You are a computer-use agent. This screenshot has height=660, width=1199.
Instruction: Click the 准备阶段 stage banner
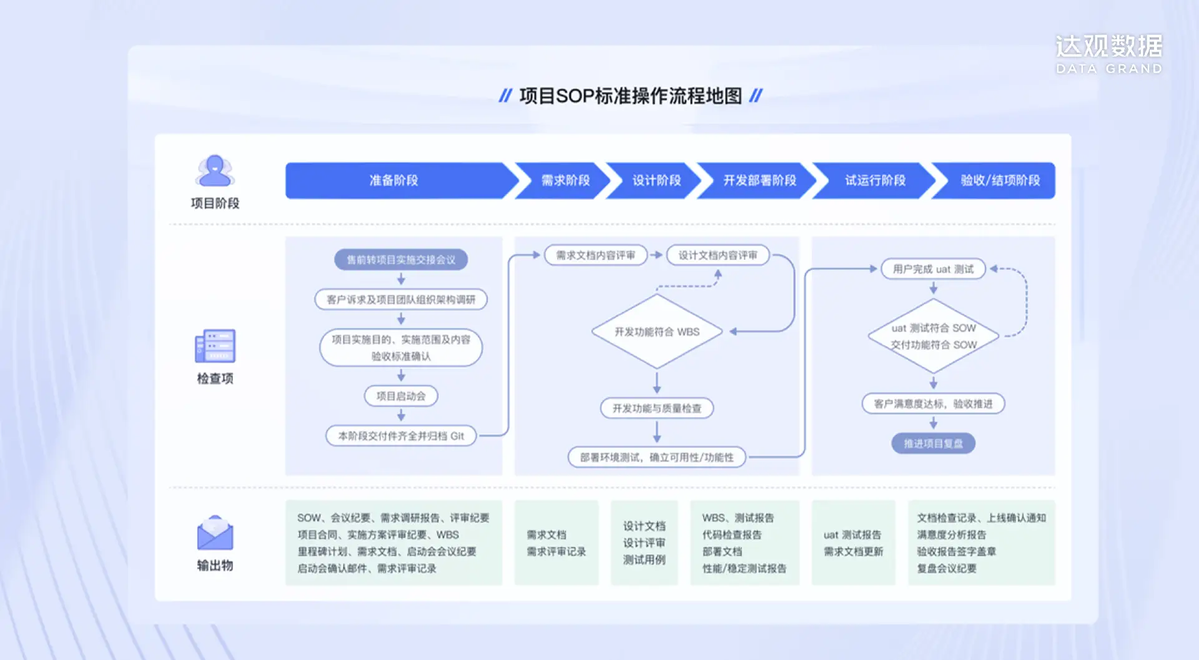pyautogui.click(x=393, y=180)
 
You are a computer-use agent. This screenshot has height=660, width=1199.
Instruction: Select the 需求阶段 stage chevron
pyautogui.click(x=565, y=180)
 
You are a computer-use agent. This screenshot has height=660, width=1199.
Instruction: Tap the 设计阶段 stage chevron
pyautogui.click(x=656, y=180)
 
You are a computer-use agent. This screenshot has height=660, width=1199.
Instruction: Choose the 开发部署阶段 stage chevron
pyautogui.click(x=759, y=180)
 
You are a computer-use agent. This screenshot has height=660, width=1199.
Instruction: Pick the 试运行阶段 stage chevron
pyautogui.click(x=875, y=180)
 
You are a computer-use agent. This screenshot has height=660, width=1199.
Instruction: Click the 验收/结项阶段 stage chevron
pyautogui.click(x=999, y=180)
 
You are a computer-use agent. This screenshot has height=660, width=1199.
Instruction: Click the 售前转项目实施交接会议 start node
pyautogui.click(x=401, y=260)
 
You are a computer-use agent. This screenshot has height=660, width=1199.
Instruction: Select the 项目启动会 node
pyautogui.click(x=401, y=396)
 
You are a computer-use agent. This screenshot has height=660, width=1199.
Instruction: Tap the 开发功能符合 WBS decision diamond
pyautogui.click(x=657, y=332)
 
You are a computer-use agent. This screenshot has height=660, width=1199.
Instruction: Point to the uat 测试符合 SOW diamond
pyautogui.click(x=934, y=336)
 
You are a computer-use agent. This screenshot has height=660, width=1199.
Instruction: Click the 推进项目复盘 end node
pyautogui.click(x=934, y=443)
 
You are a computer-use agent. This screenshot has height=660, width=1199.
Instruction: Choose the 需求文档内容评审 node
pyautogui.click(x=596, y=255)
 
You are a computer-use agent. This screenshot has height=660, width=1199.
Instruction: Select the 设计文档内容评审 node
pyautogui.click(x=718, y=255)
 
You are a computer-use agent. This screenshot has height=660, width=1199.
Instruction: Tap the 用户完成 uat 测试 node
pyautogui.click(x=933, y=269)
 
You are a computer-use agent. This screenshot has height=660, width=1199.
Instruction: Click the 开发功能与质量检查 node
pyautogui.click(x=657, y=408)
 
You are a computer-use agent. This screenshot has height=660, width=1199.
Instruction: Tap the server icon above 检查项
pyautogui.click(x=215, y=346)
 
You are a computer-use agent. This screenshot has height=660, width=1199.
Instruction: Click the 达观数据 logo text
pyautogui.click(x=1108, y=47)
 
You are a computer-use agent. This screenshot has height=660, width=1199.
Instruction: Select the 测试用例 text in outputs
pyautogui.click(x=644, y=559)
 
